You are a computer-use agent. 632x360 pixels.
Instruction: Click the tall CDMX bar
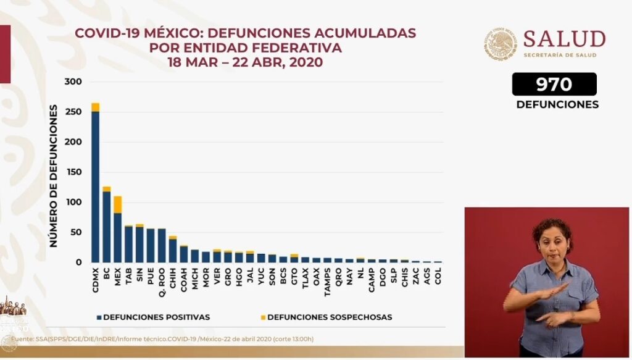pyautogui.click(x=95, y=185)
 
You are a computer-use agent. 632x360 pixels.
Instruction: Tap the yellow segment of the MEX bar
pyautogui.click(x=117, y=204)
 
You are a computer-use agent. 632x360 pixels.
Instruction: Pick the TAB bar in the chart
pyautogui.click(x=128, y=245)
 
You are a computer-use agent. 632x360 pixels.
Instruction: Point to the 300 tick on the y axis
pyautogui.click(x=73, y=82)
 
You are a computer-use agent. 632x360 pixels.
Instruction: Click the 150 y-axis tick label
pyautogui.click(x=73, y=172)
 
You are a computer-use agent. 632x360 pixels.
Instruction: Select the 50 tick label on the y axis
pyautogui.click(x=77, y=233)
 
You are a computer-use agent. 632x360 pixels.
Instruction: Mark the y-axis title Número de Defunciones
pyautogui.click(x=54, y=176)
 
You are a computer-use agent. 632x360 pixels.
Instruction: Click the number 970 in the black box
pyautogui.click(x=554, y=84)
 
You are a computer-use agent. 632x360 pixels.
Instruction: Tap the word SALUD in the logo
pyautogui.click(x=564, y=40)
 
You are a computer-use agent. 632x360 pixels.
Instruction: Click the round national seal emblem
pyautogui.click(x=501, y=44)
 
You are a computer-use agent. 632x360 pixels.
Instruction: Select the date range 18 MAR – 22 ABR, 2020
pyautogui.click(x=245, y=62)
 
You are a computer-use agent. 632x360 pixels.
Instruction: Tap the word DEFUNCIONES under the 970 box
pyautogui.click(x=557, y=104)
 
